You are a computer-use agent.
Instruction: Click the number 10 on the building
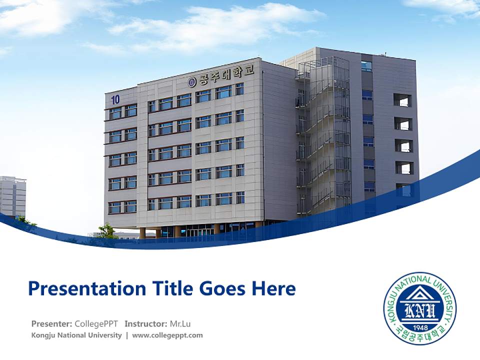pyautogui.click(x=115, y=99)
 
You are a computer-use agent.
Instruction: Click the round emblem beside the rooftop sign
pyautogui.click(x=192, y=81)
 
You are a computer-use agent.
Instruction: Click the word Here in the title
pyautogui.click(x=273, y=288)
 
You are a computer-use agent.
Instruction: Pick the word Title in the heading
pyautogui.click(x=171, y=288)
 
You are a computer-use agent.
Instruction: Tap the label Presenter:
pyautogui.click(x=51, y=323)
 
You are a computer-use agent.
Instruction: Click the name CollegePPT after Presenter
pyautogui.click(x=96, y=323)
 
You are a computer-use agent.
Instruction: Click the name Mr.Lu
pyautogui.click(x=180, y=323)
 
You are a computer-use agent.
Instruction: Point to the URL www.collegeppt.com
pyautogui.click(x=167, y=335)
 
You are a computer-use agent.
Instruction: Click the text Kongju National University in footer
pyautogui.click(x=76, y=335)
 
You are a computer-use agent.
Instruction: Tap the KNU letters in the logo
pyautogui.click(x=419, y=312)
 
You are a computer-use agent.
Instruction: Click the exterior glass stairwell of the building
pyautogui.click(x=323, y=135)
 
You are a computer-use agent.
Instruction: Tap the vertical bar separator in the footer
pyautogui.click(x=127, y=335)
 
